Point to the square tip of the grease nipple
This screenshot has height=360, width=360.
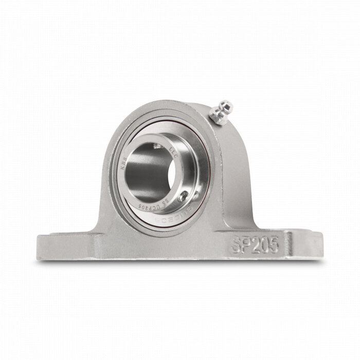click(227, 106)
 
